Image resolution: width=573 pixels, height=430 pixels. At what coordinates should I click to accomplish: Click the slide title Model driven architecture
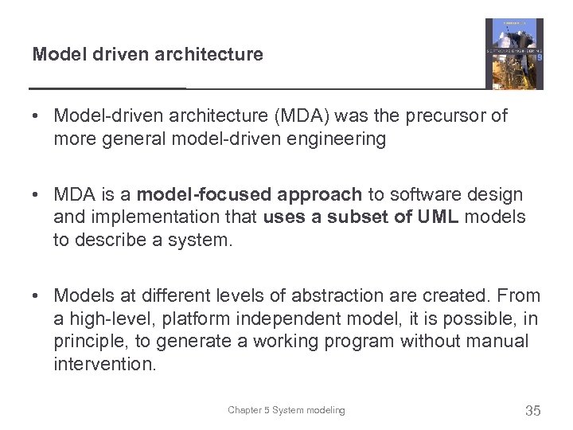[147, 55]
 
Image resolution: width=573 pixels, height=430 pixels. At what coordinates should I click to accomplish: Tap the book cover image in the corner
[514, 54]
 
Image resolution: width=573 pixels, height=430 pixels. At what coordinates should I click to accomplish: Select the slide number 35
[533, 411]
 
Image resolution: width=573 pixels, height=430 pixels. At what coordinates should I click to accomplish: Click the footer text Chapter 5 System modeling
[286, 411]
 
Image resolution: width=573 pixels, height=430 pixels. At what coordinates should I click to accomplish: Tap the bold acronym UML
[439, 217]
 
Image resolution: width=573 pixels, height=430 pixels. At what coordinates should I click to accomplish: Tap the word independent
[277, 319]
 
